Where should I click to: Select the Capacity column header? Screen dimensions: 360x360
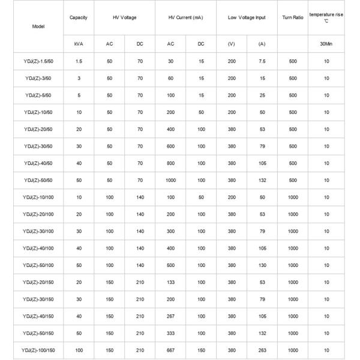pos(79,17)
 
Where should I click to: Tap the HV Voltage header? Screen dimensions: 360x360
pos(125,17)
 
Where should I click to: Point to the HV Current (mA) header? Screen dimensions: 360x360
pos(185,17)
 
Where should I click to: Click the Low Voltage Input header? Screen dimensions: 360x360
pos(246,17)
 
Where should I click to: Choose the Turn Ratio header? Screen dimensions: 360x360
pos(292,17)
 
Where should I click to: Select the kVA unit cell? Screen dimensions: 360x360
pos(79,44)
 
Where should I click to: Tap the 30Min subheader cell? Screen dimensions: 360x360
pos(326,44)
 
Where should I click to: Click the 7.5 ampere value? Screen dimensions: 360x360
pos(262,61)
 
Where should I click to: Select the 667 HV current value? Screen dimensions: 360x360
pos(170,349)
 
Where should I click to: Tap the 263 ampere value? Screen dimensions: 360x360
pos(262,349)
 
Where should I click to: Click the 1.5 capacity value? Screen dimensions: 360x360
pos(79,61)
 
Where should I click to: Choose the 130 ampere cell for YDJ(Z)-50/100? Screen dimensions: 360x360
pos(262,265)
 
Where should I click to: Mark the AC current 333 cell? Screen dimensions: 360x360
pos(170,332)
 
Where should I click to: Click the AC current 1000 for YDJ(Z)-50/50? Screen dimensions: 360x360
pos(170,180)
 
